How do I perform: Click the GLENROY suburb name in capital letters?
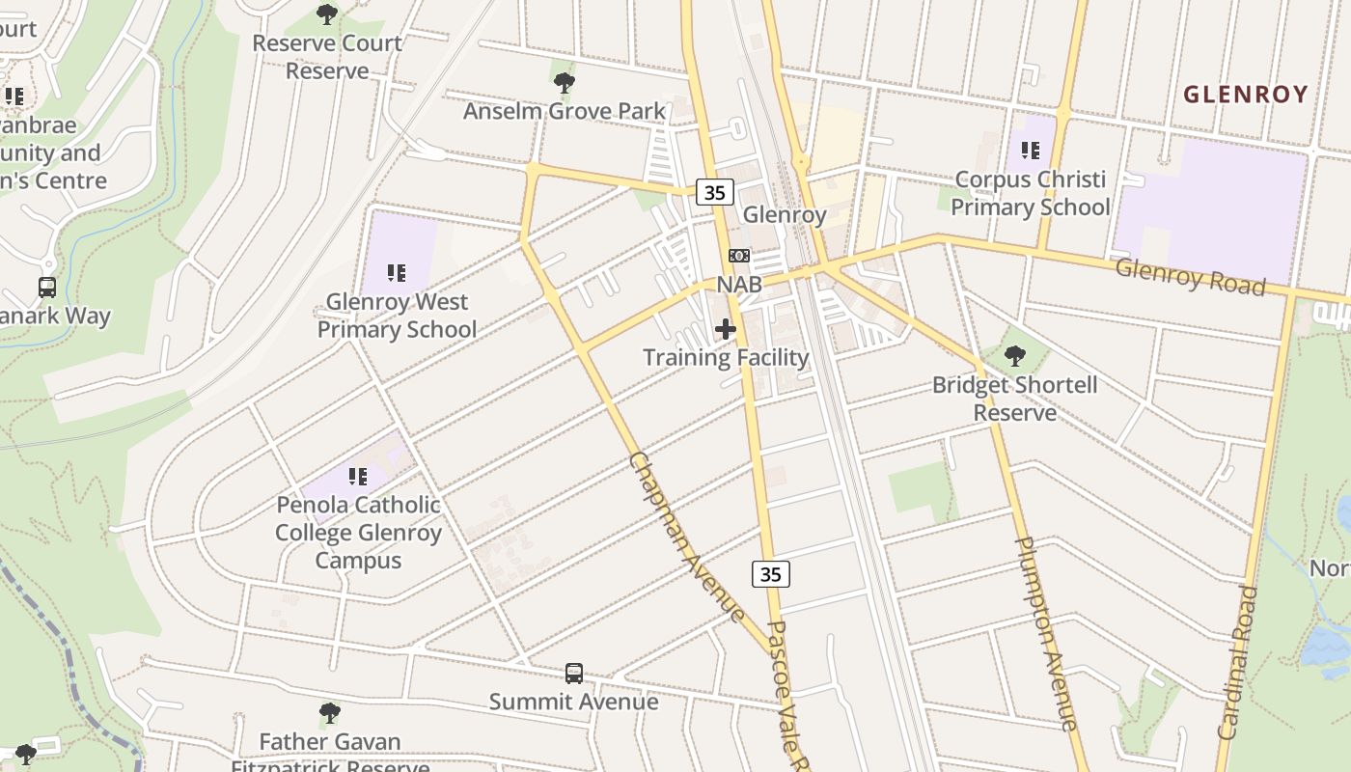(1245, 95)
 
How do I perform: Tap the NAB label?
(739, 285)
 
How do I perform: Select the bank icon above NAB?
(739, 256)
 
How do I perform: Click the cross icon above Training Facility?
(726, 329)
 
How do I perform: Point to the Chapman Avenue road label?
(686, 537)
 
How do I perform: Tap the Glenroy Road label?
(1189, 276)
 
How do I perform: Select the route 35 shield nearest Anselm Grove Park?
(714, 193)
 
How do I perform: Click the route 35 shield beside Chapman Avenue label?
(770, 574)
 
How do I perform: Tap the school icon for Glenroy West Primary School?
(397, 273)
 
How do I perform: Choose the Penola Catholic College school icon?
(358, 476)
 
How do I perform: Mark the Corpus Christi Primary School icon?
(1031, 151)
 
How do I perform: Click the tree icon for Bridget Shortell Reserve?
(1014, 356)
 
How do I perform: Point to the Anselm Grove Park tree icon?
(565, 83)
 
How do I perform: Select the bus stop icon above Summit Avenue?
(574, 673)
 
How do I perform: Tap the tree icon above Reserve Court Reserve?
(327, 14)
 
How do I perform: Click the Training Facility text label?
(726, 357)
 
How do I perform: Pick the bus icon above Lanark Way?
(47, 287)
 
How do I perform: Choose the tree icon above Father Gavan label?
(329, 713)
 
